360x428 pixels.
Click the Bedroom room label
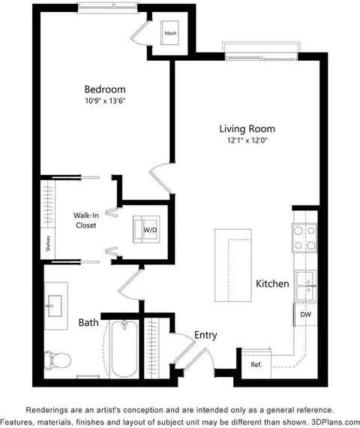click(x=105, y=89)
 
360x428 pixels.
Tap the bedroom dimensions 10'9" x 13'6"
click(x=105, y=101)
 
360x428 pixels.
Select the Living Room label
click(x=247, y=128)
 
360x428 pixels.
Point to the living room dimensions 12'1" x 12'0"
click(x=247, y=140)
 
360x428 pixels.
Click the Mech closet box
click(x=169, y=33)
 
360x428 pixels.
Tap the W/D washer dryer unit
click(x=146, y=230)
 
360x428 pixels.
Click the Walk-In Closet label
click(x=86, y=220)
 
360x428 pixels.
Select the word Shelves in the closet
click(x=48, y=243)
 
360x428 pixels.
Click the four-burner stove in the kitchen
click(x=304, y=238)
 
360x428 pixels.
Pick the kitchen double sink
click(x=306, y=286)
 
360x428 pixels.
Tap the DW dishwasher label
click(x=306, y=315)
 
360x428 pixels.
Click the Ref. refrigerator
click(x=256, y=364)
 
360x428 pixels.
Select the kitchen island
click(x=233, y=265)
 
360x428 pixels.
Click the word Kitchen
click(x=272, y=284)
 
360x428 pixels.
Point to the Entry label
click(x=205, y=335)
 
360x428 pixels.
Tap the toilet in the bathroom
click(x=58, y=360)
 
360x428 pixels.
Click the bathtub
click(x=124, y=349)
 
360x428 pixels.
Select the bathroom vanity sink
click(x=55, y=306)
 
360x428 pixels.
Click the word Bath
click(x=88, y=322)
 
